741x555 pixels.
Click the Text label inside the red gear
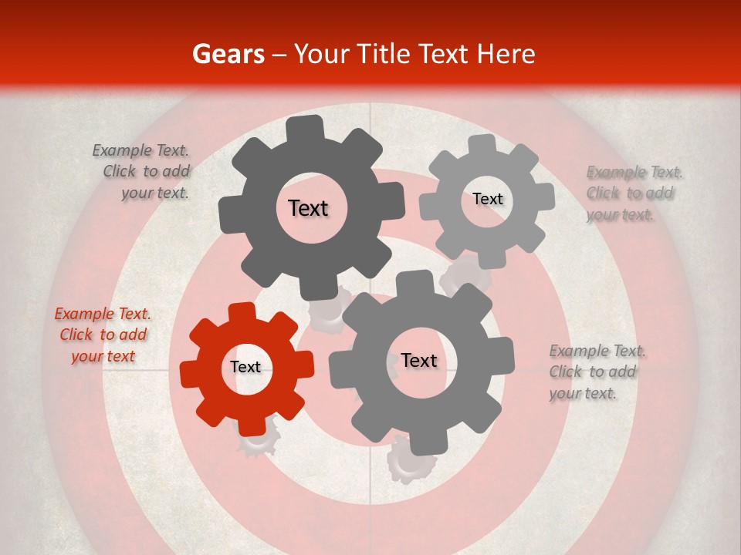pyautogui.click(x=245, y=368)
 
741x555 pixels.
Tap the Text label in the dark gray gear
pyautogui.click(x=308, y=208)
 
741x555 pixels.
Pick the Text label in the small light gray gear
pyautogui.click(x=487, y=199)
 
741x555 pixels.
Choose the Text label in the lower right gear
pyautogui.click(x=419, y=361)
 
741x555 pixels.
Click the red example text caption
pyautogui.click(x=102, y=335)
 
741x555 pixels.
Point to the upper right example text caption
pyautogui.click(x=634, y=193)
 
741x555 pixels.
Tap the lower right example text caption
pyautogui.click(x=597, y=372)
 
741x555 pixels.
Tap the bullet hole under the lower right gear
pyautogui.click(x=410, y=462)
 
